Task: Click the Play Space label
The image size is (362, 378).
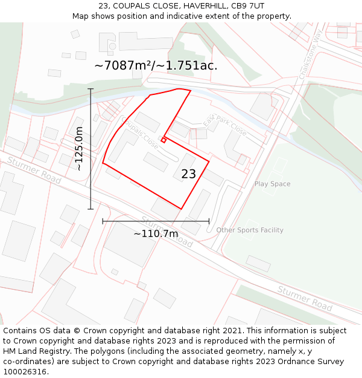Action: point(272,184)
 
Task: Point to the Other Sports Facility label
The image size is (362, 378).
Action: point(250,230)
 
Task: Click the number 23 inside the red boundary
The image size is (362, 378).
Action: point(188,174)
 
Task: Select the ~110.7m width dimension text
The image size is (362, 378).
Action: point(156,233)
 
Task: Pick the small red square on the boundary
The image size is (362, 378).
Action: point(163,141)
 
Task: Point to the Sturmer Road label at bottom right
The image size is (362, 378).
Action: point(305,298)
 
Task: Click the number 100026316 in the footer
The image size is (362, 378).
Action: point(25,371)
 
